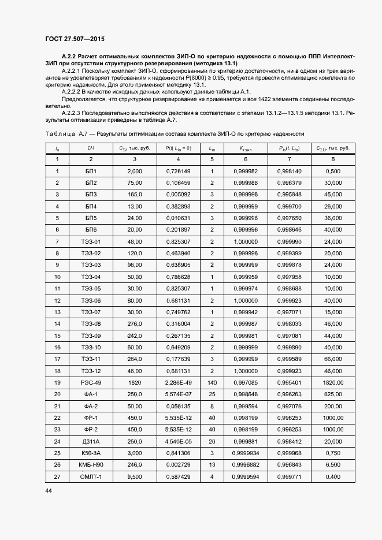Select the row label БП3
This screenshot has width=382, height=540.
[x=91, y=194]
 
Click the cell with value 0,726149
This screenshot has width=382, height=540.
[x=177, y=171]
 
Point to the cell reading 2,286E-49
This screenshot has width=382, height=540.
[x=177, y=382]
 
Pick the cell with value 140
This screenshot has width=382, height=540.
[x=212, y=382]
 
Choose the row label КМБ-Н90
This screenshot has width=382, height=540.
[x=91, y=464]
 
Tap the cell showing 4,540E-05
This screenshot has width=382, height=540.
[x=177, y=441]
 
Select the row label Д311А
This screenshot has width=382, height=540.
[x=91, y=441]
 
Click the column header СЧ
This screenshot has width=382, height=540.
[x=91, y=148]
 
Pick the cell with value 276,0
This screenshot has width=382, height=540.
[x=135, y=323]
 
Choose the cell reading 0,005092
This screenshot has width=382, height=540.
[x=177, y=194]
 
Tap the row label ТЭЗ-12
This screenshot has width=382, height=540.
[x=91, y=370]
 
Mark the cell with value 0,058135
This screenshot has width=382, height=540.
[x=177, y=406]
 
